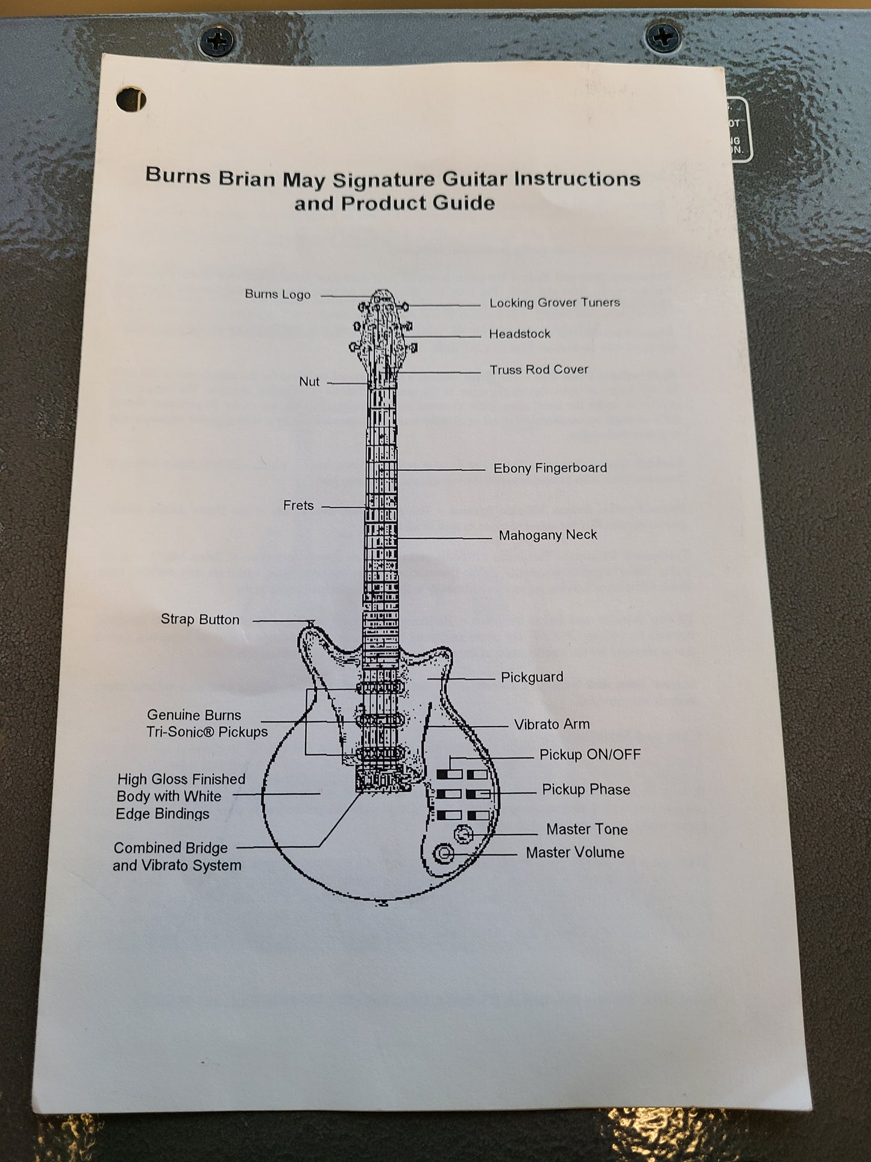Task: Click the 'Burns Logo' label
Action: point(277,294)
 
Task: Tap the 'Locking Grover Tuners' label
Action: point(554,303)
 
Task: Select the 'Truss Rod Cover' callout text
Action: point(538,370)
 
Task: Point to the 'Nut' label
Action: point(309,382)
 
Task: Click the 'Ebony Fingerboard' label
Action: point(550,468)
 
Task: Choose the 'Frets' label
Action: point(298,505)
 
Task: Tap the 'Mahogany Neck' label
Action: point(547,535)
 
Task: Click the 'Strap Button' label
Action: point(200,619)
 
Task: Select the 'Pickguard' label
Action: point(532,677)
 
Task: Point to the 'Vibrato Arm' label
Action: point(552,724)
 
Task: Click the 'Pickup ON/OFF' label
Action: point(590,755)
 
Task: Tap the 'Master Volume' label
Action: point(574,853)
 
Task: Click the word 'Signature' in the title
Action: point(383,179)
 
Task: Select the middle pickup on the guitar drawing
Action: point(380,720)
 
